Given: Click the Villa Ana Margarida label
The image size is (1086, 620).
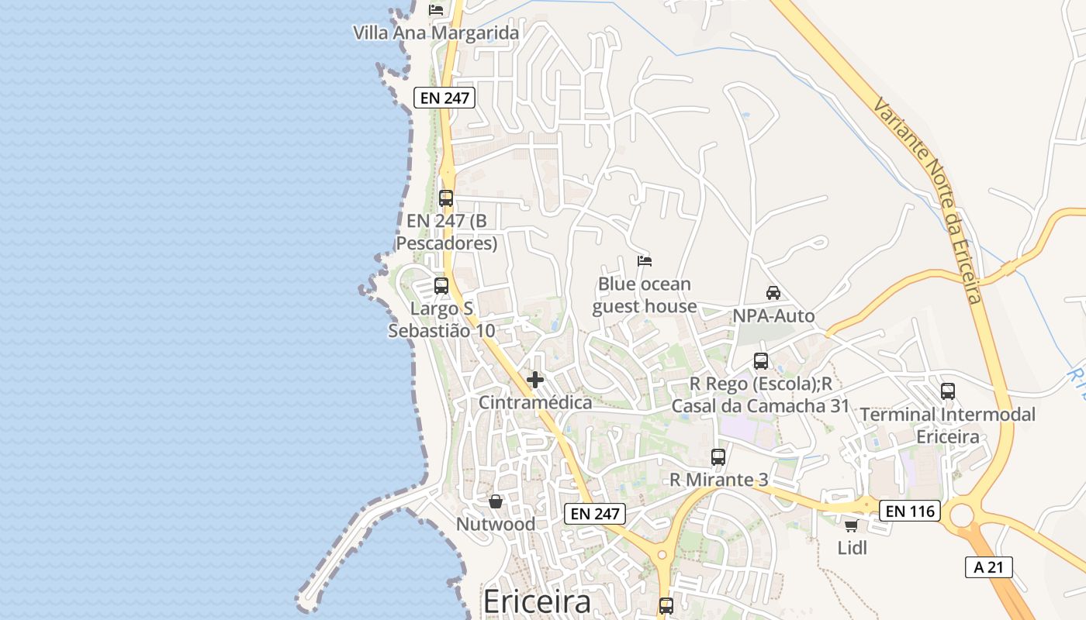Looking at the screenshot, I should (x=435, y=33).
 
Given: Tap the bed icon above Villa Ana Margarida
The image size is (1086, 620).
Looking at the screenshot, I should (x=436, y=10).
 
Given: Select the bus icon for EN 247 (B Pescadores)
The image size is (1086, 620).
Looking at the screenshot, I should (x=445, y=198).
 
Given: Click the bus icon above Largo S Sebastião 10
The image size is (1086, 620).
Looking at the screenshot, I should (x=441, y=285).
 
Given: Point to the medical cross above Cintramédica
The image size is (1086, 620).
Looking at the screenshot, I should (x=534, y=380).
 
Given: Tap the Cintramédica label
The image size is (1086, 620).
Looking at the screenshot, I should (x=534, y=402).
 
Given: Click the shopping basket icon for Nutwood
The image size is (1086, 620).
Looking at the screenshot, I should (x=495, y=501).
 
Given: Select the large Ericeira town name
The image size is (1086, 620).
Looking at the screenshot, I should (x=536, y=601).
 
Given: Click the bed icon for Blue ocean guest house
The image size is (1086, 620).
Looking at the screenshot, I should (x=644, y=260).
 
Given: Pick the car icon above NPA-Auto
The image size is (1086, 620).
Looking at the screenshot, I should (x=773, y=293).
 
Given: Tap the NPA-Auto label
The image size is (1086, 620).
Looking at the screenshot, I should (x=773, y=315).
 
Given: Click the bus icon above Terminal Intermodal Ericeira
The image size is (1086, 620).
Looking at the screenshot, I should (x=947, y=391).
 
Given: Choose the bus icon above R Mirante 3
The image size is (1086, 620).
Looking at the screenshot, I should (x=718, y=457).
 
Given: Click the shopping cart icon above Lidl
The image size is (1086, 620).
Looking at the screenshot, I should (x=851, y=526).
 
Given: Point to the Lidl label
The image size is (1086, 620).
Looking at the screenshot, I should (x=852, y=548).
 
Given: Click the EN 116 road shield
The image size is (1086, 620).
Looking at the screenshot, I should (x=910, y=511).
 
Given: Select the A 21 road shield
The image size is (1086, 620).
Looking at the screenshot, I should (x=988, y=567).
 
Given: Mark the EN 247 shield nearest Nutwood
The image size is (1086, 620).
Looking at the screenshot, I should (x=594, y=513).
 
